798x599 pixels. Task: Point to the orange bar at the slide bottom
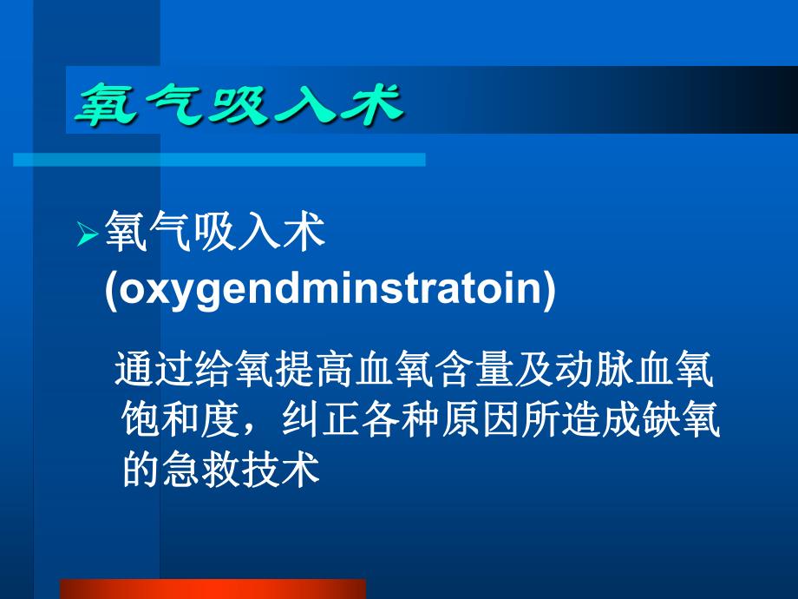click(x=212, y=589)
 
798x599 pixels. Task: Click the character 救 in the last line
click(x=221, y=471)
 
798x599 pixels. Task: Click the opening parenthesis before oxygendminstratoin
click(x=110, y=291)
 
